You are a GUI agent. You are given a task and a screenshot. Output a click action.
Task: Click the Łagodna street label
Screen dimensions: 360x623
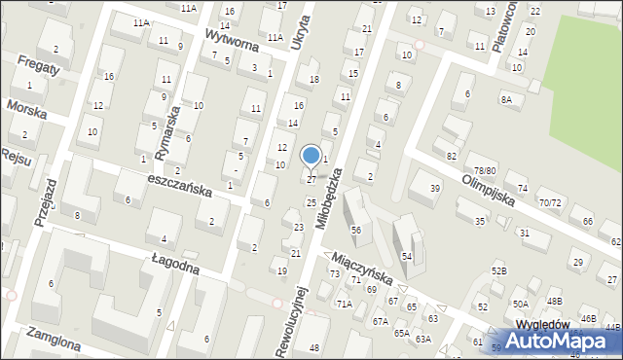point(175,262)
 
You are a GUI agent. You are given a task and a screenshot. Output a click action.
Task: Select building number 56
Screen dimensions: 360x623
point(356,230)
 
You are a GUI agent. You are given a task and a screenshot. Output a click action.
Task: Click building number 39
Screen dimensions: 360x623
point(436,189)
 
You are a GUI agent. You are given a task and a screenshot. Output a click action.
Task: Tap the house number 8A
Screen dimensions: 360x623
point(506,99)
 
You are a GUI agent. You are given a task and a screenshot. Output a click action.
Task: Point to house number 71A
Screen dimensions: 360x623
point(344,304)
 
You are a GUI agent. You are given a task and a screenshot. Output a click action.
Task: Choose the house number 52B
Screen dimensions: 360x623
point(498,270)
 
